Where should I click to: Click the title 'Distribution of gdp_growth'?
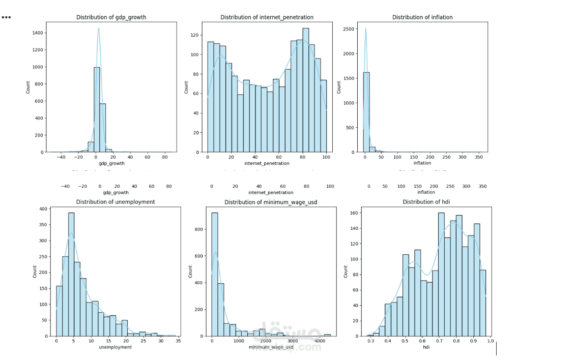pos(111,17)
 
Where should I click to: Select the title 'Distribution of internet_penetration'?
pos(267,17)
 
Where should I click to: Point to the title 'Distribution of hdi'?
pos(426,202)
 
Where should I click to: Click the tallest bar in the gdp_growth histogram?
pos(97,109)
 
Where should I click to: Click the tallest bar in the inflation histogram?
pos(366,112)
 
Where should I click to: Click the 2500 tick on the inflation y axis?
pos(349,29)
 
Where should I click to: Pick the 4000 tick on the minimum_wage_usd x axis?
pos(319,342)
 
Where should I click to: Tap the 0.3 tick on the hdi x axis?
pos(370,342)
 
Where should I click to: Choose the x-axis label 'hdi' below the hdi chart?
pos(426,347)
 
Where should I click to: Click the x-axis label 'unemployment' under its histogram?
pos(116,347)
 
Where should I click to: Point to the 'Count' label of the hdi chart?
pos(346,272)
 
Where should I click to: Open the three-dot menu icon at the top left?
pos(6,17)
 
